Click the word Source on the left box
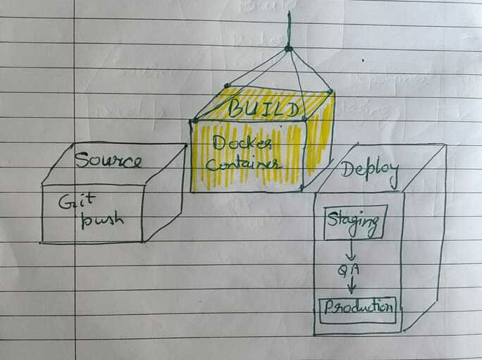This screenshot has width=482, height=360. [x=108, y=160]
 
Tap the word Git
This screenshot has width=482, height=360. [x=70, y=202]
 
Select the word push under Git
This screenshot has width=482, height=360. [x=102, y=219]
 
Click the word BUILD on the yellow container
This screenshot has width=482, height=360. [x=262, y=108]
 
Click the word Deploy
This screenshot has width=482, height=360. [x=369, y=170]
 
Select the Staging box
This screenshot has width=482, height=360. [x=355, y=223]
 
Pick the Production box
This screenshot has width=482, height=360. [x=357, y=308]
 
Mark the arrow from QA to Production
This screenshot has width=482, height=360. [x=351, y=285]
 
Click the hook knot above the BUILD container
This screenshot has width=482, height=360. [x=288, y=48]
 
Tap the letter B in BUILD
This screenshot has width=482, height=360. [x=234, y=108]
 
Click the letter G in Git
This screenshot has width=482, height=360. [x=63, y=201]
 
